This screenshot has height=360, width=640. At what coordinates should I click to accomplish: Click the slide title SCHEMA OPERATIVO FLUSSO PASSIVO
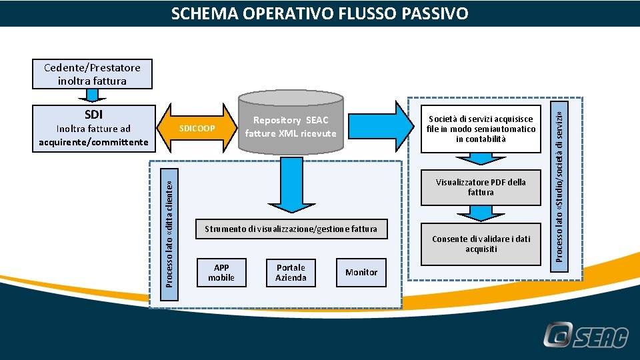(x=319, y=13)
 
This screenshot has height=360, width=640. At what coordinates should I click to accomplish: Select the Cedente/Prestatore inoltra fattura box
(x=92, y=74)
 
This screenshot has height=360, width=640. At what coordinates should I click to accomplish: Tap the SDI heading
(x=93, y=115)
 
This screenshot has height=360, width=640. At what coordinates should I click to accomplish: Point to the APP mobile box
(x=221, y=272)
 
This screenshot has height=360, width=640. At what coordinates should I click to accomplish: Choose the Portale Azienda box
(x=291, y=272)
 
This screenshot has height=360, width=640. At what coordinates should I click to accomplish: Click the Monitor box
(x=361, y=272)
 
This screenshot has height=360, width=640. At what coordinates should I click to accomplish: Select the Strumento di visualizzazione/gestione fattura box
(x=291, y=229)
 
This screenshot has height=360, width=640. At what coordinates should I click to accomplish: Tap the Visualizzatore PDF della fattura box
(x=481, y=187)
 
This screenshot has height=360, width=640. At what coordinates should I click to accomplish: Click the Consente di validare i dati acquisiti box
(x=481, y=244)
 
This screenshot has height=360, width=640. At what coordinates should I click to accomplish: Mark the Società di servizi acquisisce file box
(x=481, y=129)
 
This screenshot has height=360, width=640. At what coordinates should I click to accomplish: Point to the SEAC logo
(x=585, y=335)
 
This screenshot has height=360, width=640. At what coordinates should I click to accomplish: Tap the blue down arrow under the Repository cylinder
(x=291, y=183)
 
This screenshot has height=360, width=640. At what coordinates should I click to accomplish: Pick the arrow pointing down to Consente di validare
(x=480, y=213)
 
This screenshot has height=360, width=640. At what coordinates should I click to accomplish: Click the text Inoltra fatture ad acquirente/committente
(x=93, y=135)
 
